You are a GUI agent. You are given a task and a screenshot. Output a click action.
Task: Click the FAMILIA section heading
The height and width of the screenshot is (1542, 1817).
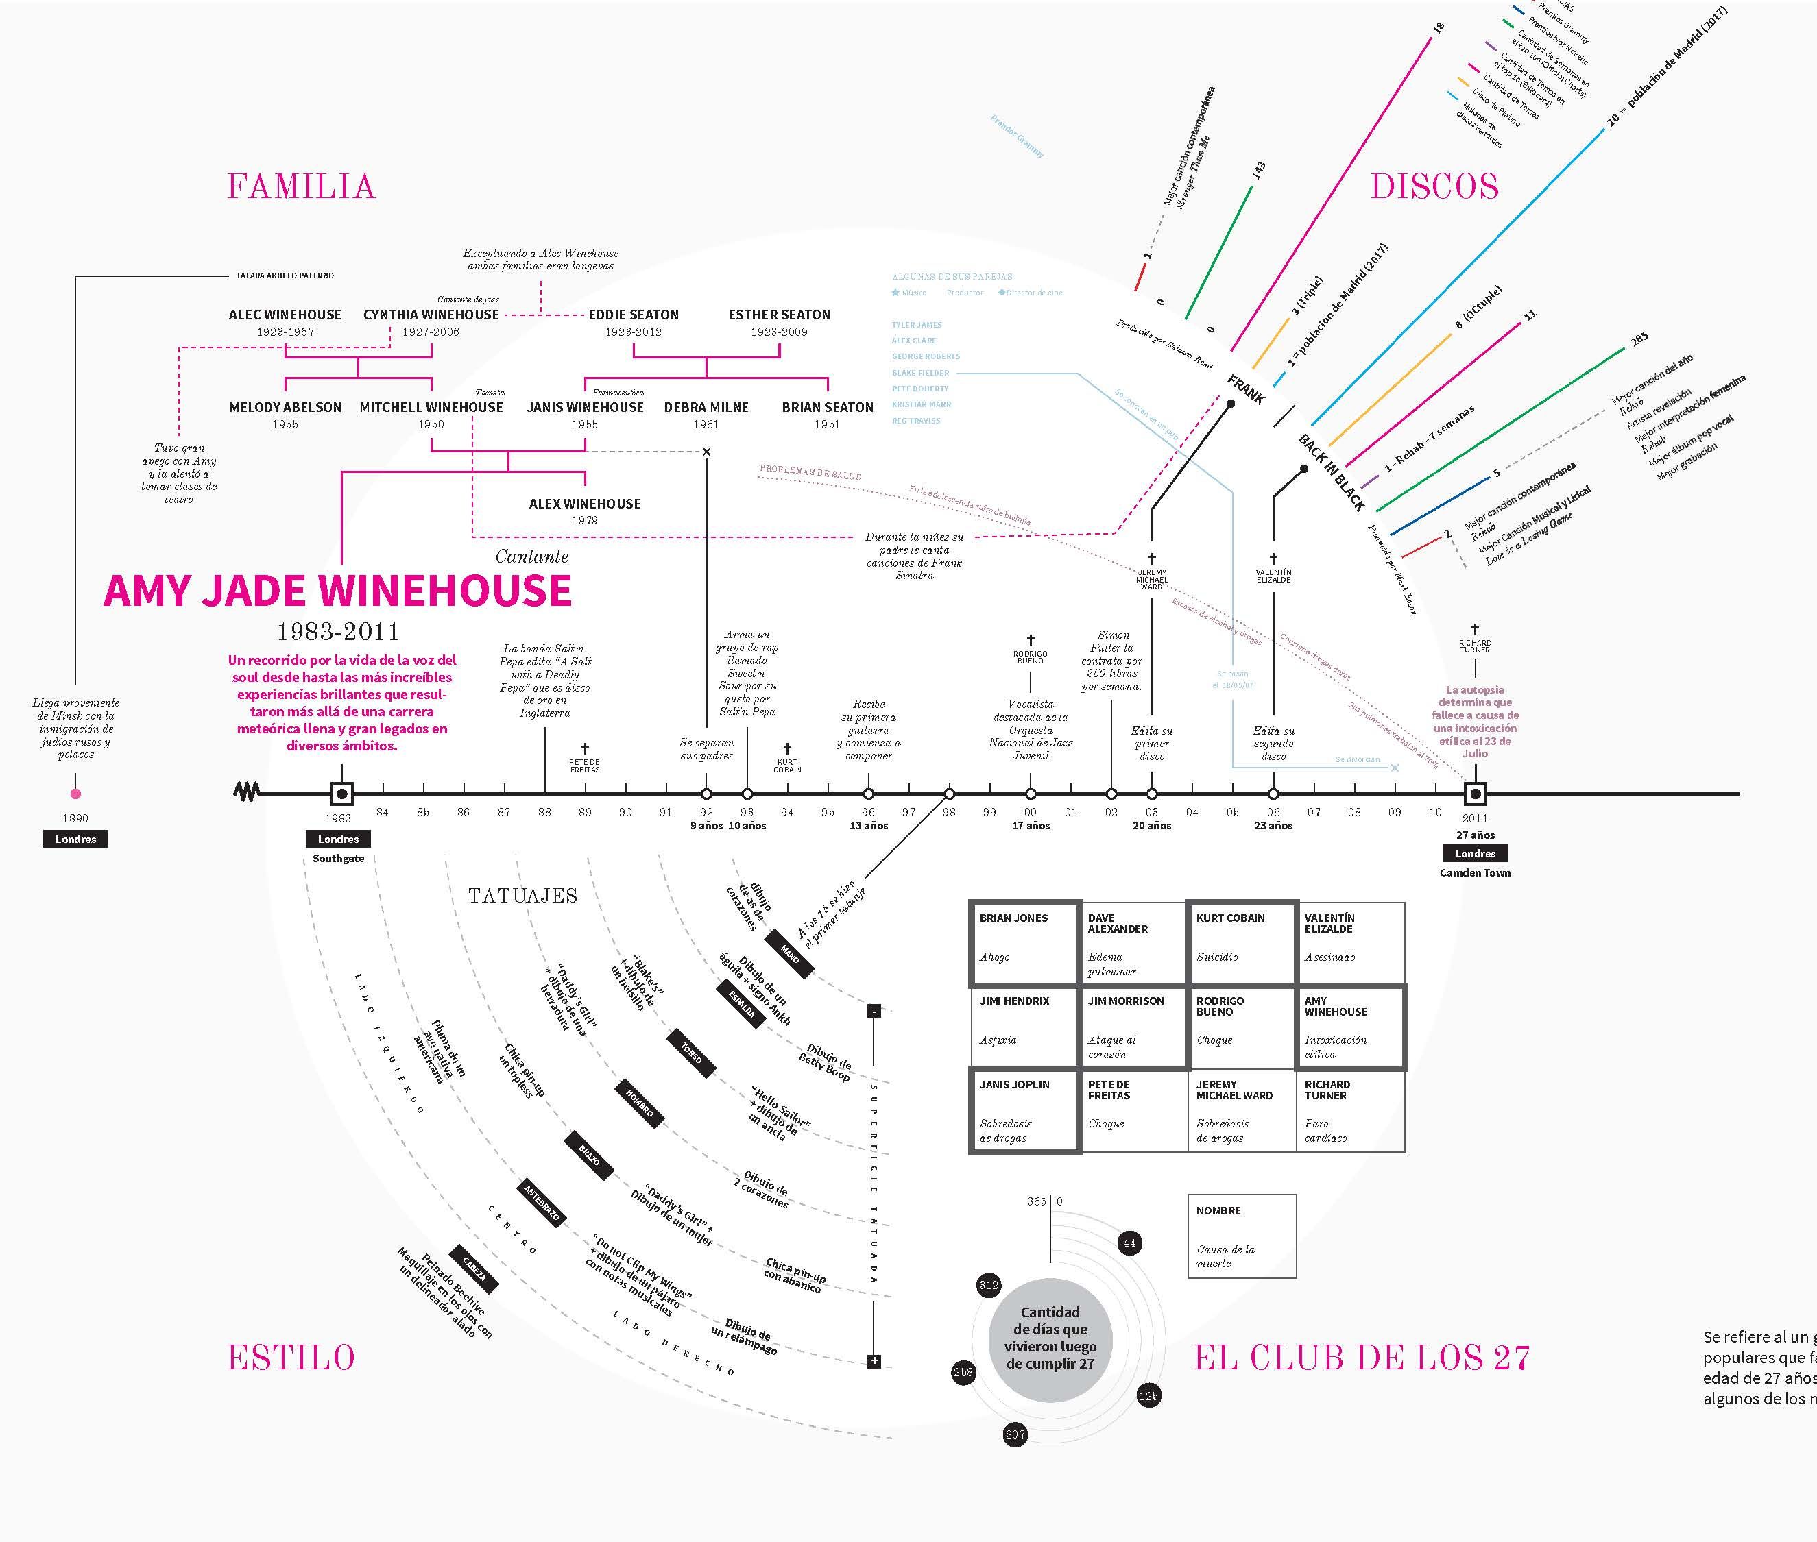[x=301, y=186]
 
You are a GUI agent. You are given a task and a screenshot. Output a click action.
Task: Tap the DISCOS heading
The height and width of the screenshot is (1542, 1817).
[x=1434, y=186]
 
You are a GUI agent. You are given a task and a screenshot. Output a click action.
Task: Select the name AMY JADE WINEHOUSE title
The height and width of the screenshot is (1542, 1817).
[x=337, y=591]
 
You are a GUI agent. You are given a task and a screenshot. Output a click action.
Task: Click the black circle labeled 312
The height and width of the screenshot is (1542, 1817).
[x=988, y=1285]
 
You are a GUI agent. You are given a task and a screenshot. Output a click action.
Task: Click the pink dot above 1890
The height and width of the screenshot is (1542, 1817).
[x=76, y=794]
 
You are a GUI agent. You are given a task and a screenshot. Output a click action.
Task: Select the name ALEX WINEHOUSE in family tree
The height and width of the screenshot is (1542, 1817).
[x=585, y=504]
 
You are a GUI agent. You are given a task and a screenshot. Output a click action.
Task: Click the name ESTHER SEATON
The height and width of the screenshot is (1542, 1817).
[x=779, y=315]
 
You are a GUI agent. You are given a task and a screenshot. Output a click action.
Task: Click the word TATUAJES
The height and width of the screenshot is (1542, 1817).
[x=523, y=895]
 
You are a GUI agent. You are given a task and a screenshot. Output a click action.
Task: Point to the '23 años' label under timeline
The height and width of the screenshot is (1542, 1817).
[x=1273, y=825]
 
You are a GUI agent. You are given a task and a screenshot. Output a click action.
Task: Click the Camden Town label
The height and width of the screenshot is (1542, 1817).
[x=1475, y=872]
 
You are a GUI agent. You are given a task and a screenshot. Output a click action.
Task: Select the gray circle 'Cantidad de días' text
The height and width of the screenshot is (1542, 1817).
[x=1050, y=1338]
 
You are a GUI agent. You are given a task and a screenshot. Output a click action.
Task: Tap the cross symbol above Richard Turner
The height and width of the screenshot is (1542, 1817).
[x=1475, y=629]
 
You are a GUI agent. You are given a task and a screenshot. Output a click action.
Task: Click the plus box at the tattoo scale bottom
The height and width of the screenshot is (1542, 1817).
[x=874, y=1361]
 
